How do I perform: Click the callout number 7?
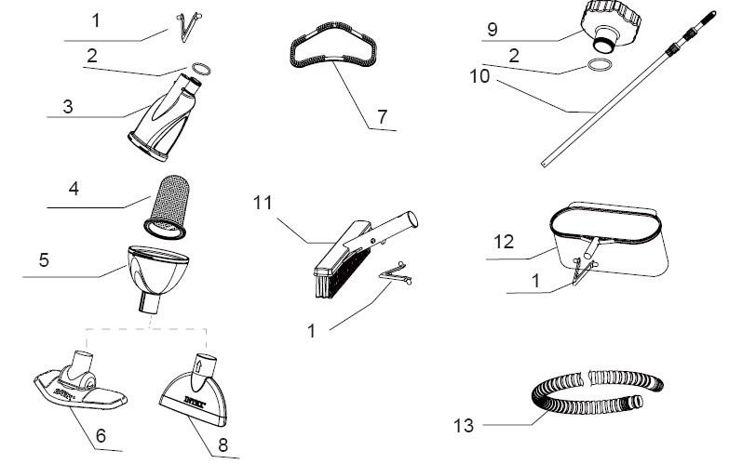coord(382,116)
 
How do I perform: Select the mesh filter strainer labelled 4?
coord(167,206)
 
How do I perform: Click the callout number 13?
coord(464,425)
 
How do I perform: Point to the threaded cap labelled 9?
coord(611,25)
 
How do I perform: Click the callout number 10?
coord(479,76)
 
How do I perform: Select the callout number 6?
coord(101,436)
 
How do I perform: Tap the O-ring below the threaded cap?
coord(599,64)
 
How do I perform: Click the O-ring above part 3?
coord(201,69)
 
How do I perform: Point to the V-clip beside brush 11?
coord(396,274)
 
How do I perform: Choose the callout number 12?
coord(504,242)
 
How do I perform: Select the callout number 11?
coord(263,203)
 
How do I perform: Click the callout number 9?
coord(493,30)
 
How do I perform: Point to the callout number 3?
coord(68,107)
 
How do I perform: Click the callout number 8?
coord(223,445)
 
